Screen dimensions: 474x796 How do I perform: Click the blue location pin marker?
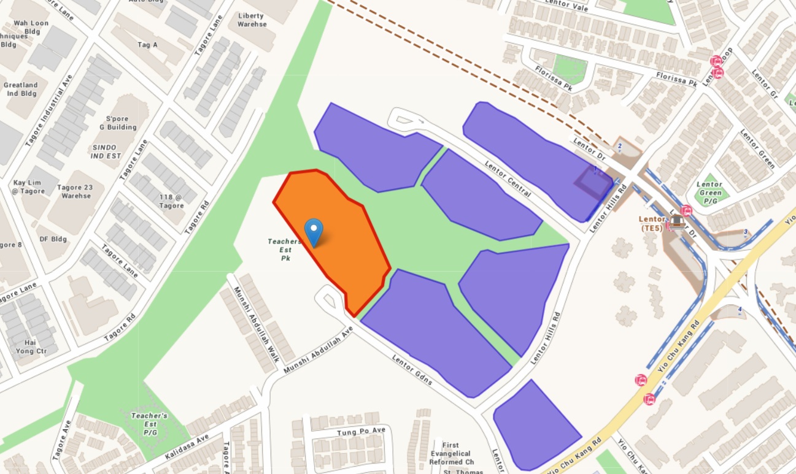point(314,231)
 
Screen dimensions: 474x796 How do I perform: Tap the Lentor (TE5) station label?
point(652,223)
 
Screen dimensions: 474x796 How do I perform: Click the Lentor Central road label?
point(508,178)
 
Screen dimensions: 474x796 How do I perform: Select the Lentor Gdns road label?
point(412,370)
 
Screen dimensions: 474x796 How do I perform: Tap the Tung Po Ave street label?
point(361,432)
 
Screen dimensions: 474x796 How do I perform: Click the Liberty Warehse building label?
point(252,20)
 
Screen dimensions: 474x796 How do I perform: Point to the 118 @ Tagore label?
point(171,201)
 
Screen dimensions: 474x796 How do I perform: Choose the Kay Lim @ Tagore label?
point(29,187)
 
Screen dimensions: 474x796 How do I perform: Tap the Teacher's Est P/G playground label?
point(149,424)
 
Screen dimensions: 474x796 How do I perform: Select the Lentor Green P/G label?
point(709,192)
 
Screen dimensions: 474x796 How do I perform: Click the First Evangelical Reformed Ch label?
point(459,453)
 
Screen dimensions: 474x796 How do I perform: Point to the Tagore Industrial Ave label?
point(49,110)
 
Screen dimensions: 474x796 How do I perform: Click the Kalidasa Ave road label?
point(187,447)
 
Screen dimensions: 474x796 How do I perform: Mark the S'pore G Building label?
point(121,123)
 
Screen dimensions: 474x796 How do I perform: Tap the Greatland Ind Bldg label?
point(21,90)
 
